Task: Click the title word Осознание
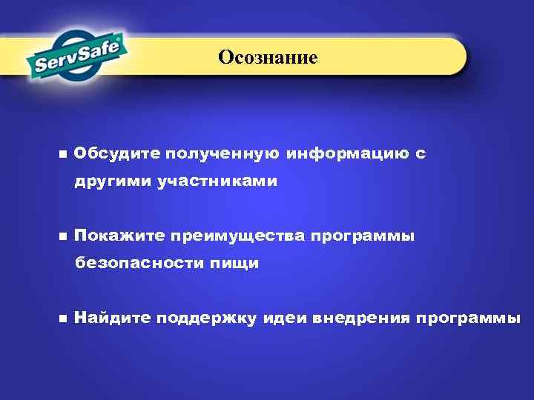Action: coord(268,58)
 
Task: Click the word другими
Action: coord(112,181)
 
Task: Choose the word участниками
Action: coord(217,181)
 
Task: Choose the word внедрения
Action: coord(361,319)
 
